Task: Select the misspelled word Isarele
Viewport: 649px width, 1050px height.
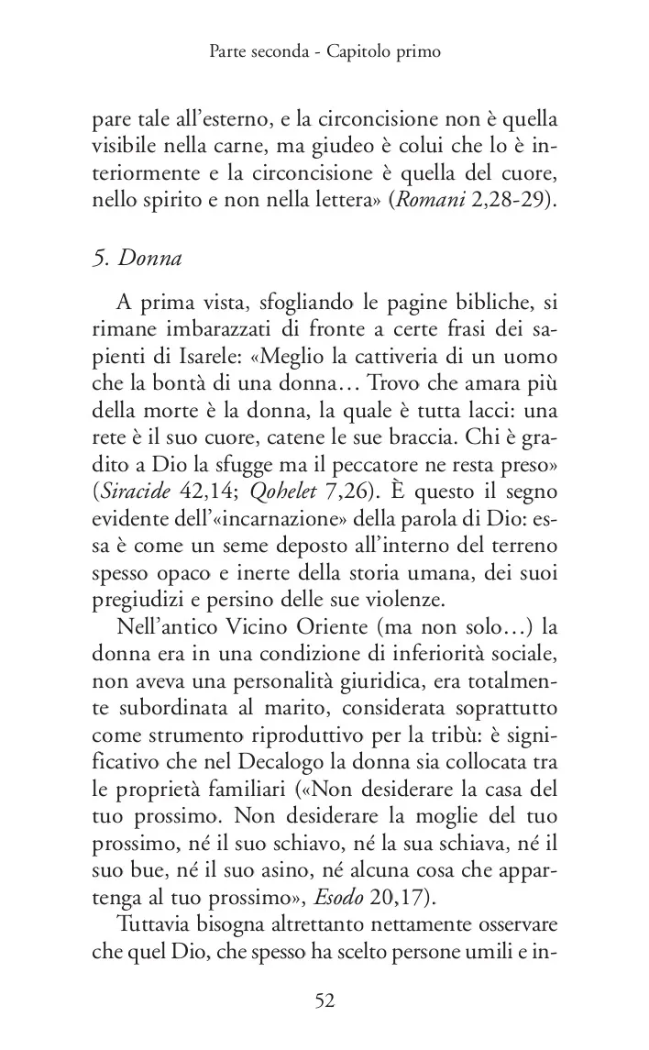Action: click(192, 355)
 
